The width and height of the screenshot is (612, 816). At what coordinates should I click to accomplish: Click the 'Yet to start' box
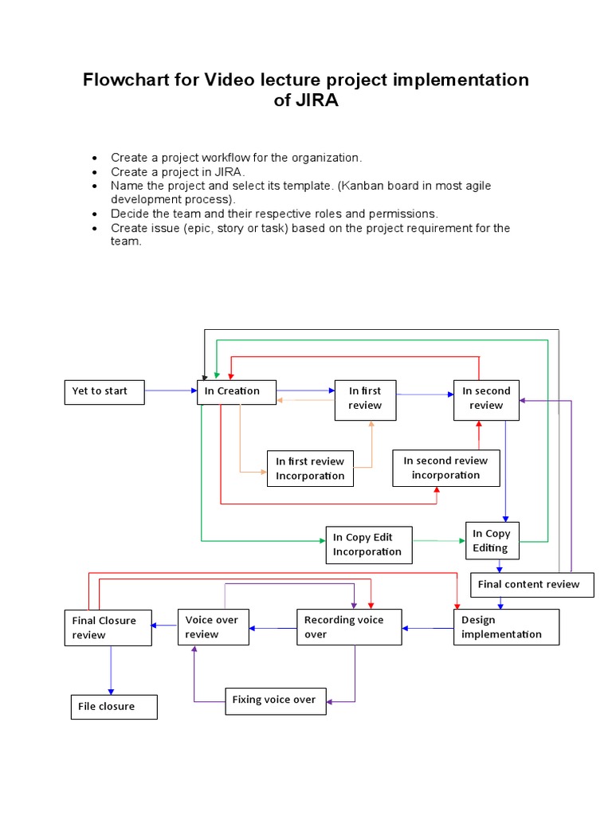click(104, 392)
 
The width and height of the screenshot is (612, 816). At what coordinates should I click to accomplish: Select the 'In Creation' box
click(237, 392)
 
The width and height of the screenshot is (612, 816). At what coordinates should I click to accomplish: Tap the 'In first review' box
click(365, 398)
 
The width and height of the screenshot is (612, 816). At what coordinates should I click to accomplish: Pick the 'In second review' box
click(486, 398)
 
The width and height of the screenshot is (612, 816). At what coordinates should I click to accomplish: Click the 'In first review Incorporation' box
click(309, 469)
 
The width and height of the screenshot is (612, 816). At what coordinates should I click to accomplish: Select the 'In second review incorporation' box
click(446, 468)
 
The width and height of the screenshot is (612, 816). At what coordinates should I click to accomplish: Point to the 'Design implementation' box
click(507, 627)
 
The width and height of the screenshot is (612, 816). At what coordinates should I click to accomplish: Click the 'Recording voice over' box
click(349, 627)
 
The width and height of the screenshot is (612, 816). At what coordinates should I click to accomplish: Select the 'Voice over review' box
click(214, 627)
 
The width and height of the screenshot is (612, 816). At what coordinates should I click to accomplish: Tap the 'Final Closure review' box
click(108, 628)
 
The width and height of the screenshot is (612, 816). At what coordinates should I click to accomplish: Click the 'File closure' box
click(114, 707)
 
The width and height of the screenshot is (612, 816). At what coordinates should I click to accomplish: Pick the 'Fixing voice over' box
click(276, 700)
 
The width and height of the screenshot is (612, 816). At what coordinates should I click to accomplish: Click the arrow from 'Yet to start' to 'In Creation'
click(171, 391)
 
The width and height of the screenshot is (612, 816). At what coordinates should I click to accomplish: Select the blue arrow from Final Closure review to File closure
click(111, 669)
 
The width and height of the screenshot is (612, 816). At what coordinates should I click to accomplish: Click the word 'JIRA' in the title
click(307, 102)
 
